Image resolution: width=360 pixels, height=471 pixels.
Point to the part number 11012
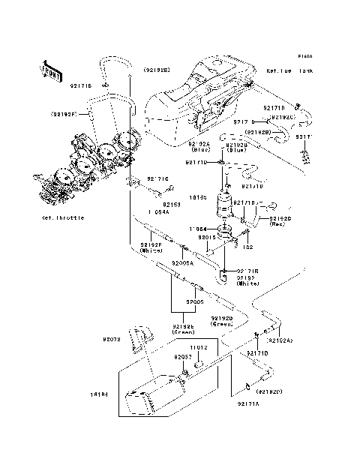(197, 348)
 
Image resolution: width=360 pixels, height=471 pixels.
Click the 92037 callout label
(184, 357)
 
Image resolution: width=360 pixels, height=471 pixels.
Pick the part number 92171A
(248, 404)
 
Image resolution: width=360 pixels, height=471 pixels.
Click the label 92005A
(183, 262)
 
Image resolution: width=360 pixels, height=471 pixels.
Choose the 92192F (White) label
(151, 248)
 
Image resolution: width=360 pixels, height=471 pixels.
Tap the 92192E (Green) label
(184, 331)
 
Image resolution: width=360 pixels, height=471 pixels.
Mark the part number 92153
(172, 203)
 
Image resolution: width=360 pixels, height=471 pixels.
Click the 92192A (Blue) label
(200, 146)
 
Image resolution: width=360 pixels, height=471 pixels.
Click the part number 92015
(207, 236)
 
